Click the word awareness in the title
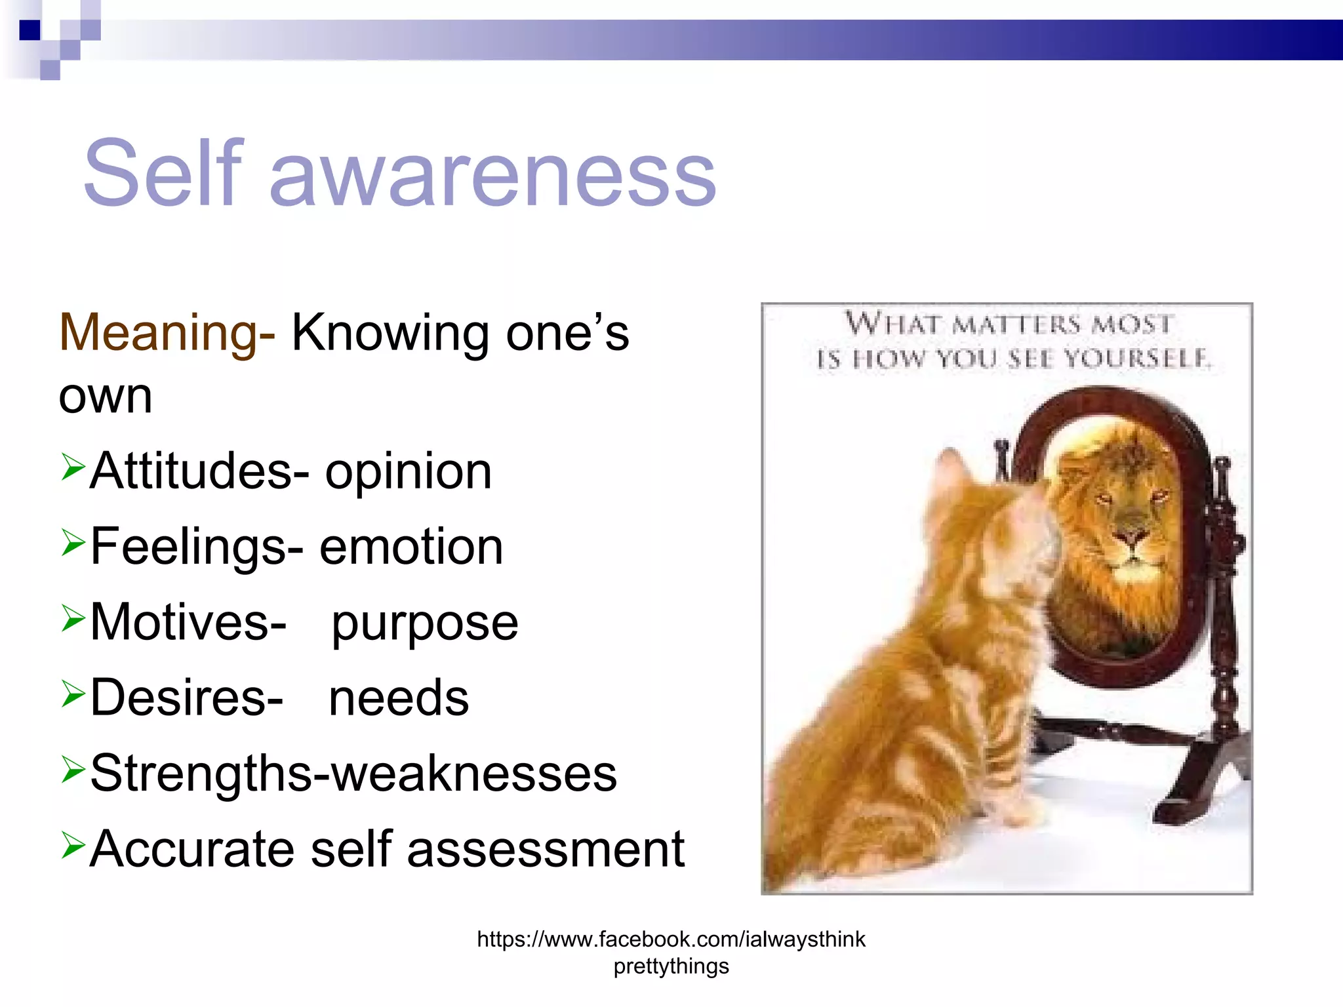pyautogui.click(x=492, y=177)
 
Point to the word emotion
pyautogui.click(x=411, y=547)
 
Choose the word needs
pyautogui.click(x=399, y=698)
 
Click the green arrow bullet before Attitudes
pyautogui.click(x=73, y=467)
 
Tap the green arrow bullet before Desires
pyautogui.click(x=73, y=694)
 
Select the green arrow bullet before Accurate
pyautogui.click(x=73, y=845)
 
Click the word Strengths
pyautogui.click(x=201, y=774)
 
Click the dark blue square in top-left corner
pyautogui.click(x=30, y=30)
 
